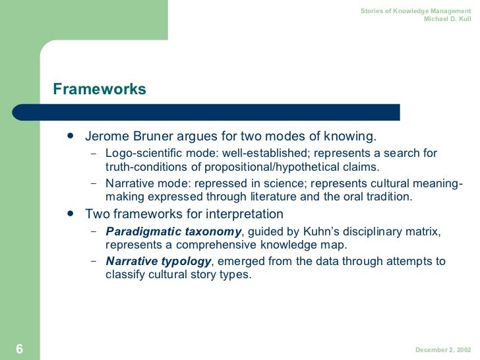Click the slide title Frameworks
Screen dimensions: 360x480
[x=100, y=88]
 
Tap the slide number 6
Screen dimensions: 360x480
[x=19, y=349]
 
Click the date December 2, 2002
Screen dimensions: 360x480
[x=442, y=350]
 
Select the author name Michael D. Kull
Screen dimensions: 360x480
[x=451, y=18]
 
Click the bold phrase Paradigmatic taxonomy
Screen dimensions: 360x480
[x=173, y=231]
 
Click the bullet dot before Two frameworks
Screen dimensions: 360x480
[x=70, y=214]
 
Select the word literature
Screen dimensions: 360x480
[x=282, y=196]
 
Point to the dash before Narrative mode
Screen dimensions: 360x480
[x=93, y=184]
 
